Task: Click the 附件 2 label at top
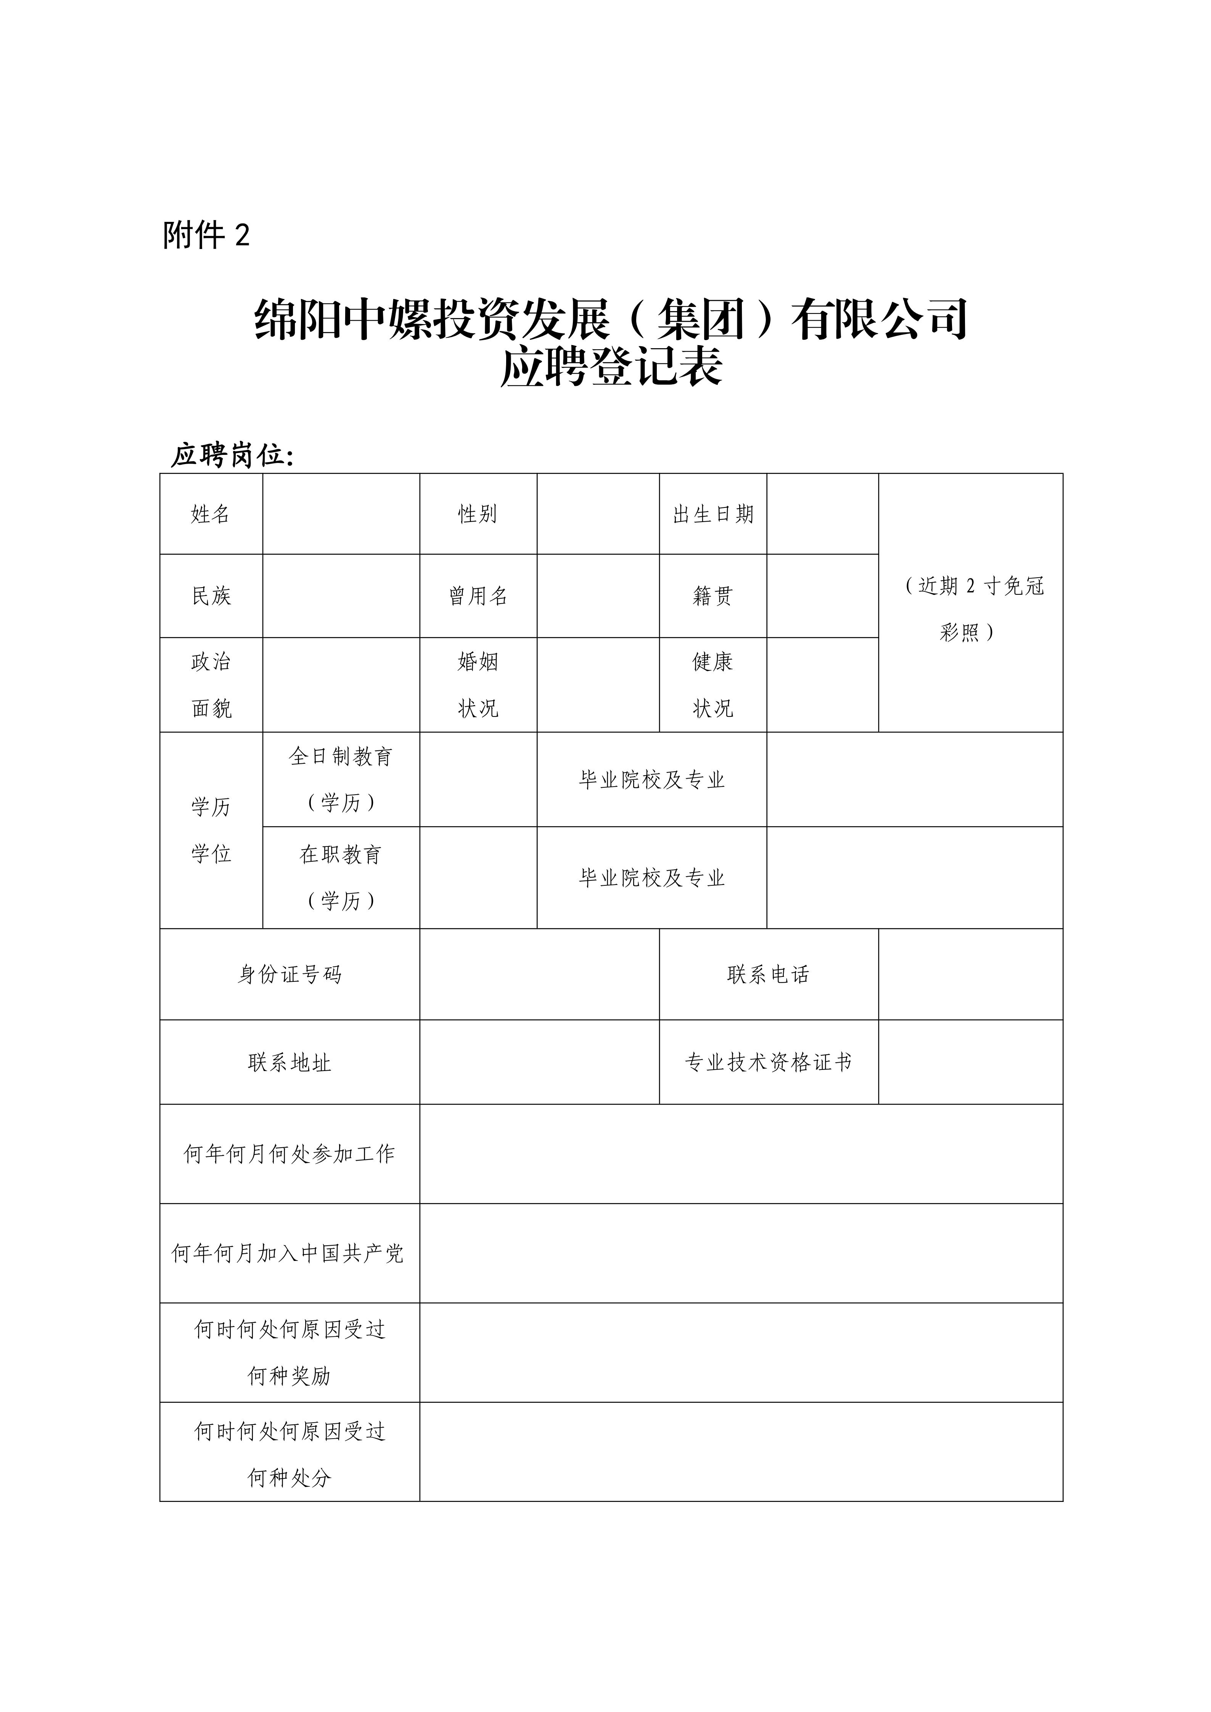coord(207,236)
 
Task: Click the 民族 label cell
coord(211,596)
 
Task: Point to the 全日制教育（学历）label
coord(341,779)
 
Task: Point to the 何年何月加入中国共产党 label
coord(288,1253)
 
